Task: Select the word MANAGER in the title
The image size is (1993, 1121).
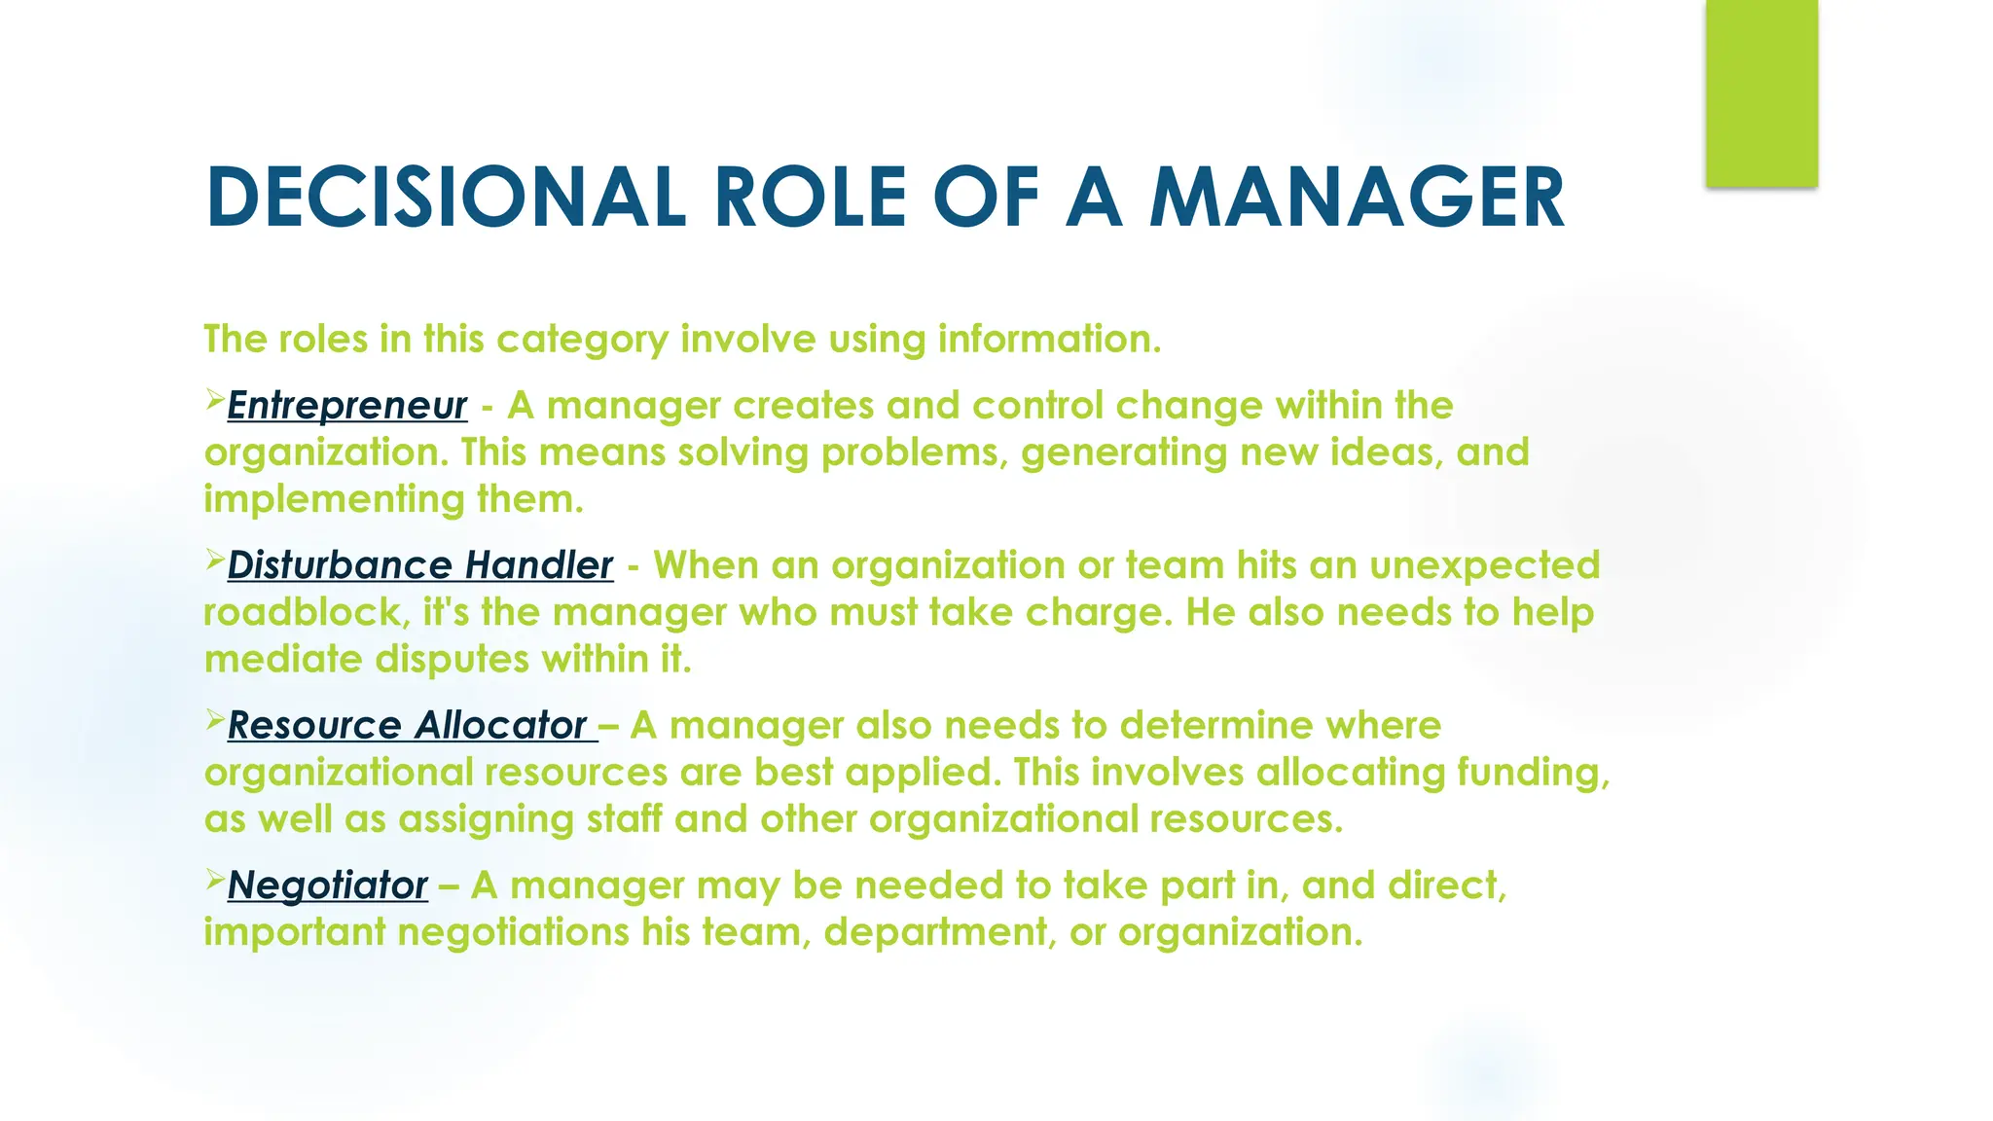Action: pyautogui.click(x=1357, y=198)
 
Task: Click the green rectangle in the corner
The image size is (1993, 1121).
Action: pyautogui.click(x=1761, y=92)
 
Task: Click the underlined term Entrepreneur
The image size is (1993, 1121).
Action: pyautogui.click(x=347, y=406)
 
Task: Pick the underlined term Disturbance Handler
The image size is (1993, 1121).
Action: pyautogui.click(x=420, y=565)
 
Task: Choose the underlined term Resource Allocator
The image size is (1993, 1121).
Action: pyautogui.click(x=408, y=726)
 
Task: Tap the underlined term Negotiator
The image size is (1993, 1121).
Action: pyautogui.click(x=328, y=886)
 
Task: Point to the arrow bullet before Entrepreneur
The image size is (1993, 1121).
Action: pyautogui.click(x=214, y=399)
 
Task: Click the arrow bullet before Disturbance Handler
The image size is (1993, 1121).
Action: pyautogui.click(x=214, y=559)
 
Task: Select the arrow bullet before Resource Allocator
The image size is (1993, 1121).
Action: pyautogui.click(x=214, y=719)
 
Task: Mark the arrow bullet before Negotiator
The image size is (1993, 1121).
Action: pyautogui.click(x=214, y=879)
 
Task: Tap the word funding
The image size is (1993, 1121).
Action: pyautogui.click(x=1532, y=773)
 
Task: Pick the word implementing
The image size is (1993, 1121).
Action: pyautogui.click(x=334, y=500)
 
